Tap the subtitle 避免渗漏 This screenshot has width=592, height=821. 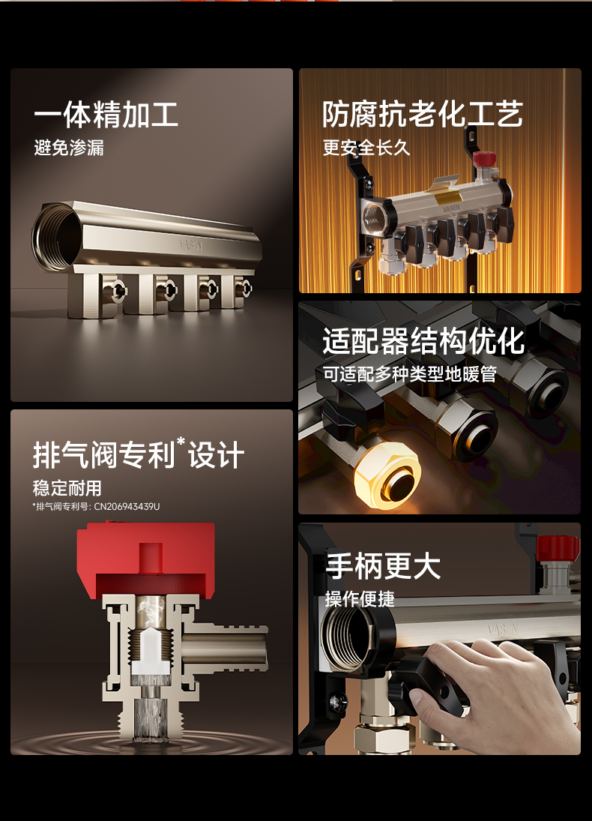(x=69, y=148)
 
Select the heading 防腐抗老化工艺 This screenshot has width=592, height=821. (x=422, y=115)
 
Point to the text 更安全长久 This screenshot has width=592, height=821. (x=366, y=148)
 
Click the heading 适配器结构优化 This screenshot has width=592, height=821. (x=423, y=341)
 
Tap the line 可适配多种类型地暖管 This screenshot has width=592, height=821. (x=409, y=373)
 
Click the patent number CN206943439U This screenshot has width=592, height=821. (x=127, y=507)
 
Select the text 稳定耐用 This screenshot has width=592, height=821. (x=67, y=488)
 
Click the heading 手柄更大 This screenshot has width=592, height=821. (x=382, y=567)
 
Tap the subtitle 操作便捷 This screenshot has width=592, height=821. (x=360, y=599)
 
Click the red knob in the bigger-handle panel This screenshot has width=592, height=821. (x=559, y=547)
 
